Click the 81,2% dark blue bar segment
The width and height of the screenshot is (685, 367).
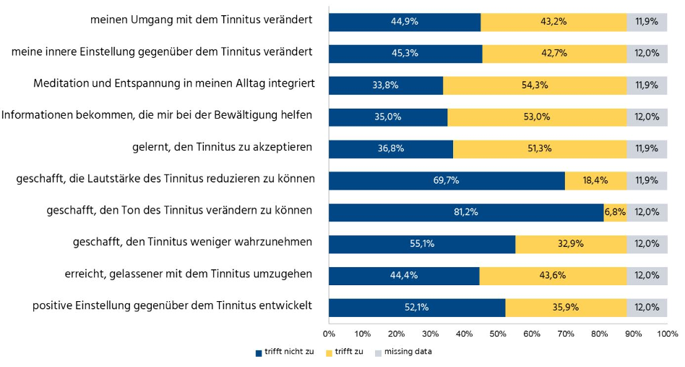coord(466,212)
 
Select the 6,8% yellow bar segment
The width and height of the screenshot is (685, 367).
coord(615,212)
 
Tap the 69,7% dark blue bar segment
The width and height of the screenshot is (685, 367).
coord(447,180)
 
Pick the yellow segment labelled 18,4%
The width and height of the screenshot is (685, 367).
coord(595,180)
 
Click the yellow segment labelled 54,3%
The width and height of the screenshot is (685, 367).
coord(535,85)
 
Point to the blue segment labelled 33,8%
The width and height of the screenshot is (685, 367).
coord(386,85)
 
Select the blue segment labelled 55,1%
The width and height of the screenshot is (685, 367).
coord(422,244)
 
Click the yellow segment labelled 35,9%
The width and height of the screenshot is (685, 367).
coord(566,307)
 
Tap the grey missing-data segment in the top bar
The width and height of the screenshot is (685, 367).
coord(647,22)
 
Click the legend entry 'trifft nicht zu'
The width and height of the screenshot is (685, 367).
coord(288,352)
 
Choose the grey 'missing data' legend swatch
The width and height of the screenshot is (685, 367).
coord(378,353)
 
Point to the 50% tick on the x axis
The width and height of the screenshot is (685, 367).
coord(498,334)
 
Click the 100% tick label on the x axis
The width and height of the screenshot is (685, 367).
coord(666,334)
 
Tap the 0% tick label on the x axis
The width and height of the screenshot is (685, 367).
coord(329,334)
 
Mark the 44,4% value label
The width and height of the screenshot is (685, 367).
coord(404,276)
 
